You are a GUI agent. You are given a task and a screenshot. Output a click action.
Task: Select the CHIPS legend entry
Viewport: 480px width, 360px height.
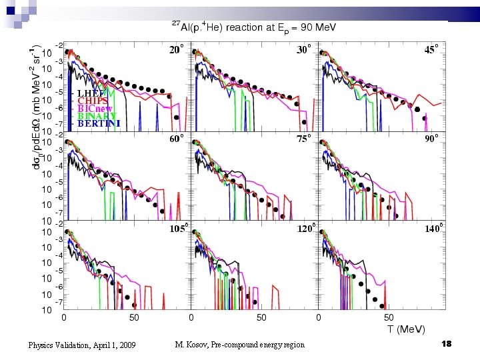pos(91,101)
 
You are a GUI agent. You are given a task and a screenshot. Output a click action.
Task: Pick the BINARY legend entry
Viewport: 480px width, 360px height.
pos(96,116)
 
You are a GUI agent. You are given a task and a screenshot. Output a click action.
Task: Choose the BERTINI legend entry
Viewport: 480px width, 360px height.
pos(98,123)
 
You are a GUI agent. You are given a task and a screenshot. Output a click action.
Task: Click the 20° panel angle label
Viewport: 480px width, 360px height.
pos(176,50)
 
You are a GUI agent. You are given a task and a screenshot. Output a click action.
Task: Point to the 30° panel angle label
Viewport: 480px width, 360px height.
pos(304,50)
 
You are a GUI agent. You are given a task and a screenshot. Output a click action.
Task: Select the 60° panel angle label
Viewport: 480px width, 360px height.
pos(176,139)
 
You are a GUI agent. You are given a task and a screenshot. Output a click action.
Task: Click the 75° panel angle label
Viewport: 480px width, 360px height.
pos(304,139)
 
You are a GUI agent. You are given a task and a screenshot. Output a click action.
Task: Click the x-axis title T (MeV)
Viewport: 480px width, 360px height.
pos(406,330)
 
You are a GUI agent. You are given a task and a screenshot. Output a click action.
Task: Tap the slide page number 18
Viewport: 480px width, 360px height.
pos(446,343)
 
